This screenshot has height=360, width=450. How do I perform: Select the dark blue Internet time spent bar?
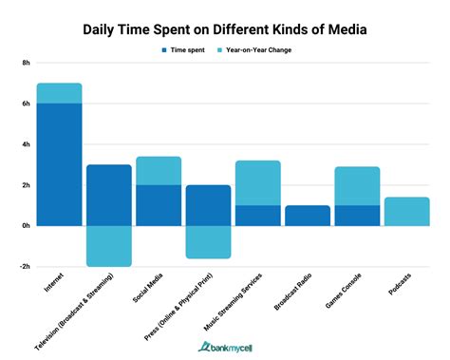pyautogui.click(x=59, y=163)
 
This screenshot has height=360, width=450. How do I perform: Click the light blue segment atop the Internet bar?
pyautogui.click(x=59, y=93)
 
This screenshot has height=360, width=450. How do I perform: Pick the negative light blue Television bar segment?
pyautogui.click(x=108, y=246)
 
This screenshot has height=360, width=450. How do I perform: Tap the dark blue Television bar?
pyautogui.click(x=108, y=195)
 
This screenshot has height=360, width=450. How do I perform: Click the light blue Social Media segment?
pyautogui.click(x=159, y=171)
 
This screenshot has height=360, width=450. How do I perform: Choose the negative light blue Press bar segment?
pyautogui.click(x=208, y=242)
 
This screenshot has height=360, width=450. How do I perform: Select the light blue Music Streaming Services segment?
pyautogui.click(x=257, y=183)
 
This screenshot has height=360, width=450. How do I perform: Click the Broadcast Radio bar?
pyautogui.click(x=308, y=216)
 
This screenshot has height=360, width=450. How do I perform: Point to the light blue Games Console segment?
pyautogui.click(x=357, y=186)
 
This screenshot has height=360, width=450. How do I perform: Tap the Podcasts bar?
pyautogui.click(x=406, y=212)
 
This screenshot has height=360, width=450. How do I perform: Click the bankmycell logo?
pyautogui.click(x=226, y=347)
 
